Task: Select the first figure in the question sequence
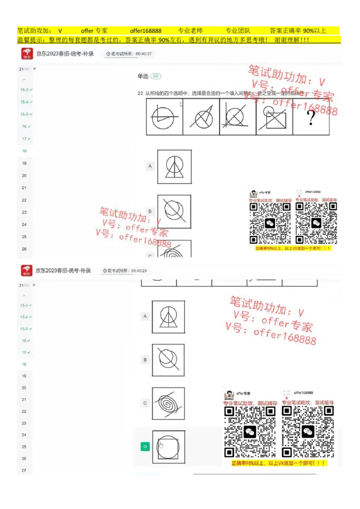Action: tap(165, 117)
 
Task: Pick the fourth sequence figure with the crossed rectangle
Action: tap(274, 117)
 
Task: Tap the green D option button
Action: tap(145, 446)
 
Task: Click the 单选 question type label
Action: tap(143, 76)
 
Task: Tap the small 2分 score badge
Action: tap(156, 76)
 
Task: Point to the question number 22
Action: tap(141, 93)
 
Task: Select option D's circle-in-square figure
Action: tap(169, 446)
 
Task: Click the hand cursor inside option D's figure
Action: tap(161, 445)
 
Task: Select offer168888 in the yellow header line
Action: tap(145, 31)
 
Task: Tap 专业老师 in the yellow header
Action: tap(190, 31)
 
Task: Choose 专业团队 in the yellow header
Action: tap(238, 31)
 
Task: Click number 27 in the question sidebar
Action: tap(24, 470)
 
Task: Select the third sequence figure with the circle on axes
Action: tap(238, 117)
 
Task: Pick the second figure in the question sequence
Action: tap(201, 117)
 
